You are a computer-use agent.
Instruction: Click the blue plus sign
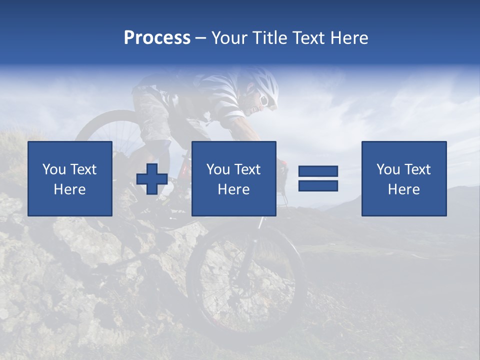[152, 179]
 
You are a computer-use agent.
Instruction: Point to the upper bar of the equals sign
[318, 171]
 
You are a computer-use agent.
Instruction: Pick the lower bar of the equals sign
[318, 186]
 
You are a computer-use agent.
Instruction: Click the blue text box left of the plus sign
[70, 179]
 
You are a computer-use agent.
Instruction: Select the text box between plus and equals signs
[234, 179]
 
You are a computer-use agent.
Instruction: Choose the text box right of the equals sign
[404, 179]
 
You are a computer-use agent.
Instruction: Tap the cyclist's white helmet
[265, 85]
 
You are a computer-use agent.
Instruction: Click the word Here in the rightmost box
[404, 189]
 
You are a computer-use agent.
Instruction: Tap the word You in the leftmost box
[54, 169]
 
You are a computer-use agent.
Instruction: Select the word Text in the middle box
[248, 169]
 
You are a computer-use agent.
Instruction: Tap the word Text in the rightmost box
[418, 169]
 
